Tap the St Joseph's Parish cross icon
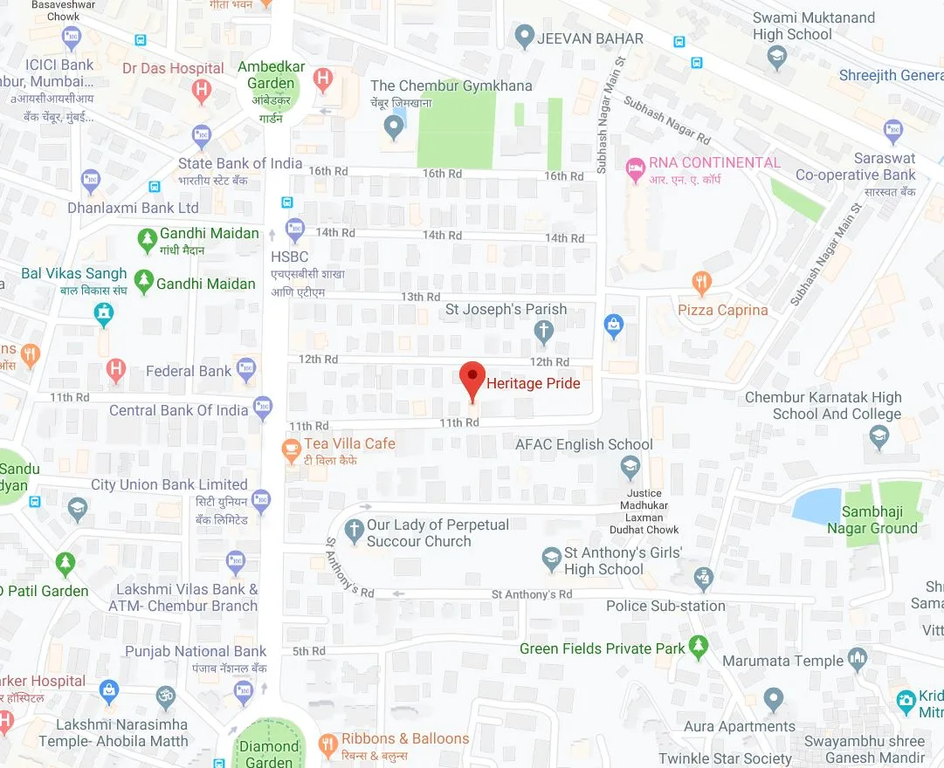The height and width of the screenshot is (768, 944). [x=544, y=331]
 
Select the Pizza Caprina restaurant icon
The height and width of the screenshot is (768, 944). [x=701, y=282]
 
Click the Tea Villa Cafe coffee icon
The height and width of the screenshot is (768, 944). [x=291, y=449]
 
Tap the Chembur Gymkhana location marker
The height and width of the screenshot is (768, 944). [x=394, y=127]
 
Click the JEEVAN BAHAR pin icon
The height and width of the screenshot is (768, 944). [x=524, y=38]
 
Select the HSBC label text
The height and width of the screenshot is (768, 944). [x=290, y=257]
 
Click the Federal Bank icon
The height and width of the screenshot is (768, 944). [x=247, y=370]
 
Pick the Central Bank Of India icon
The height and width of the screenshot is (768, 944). [x=263, y=407]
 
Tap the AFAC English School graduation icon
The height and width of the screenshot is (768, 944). [x=630, y=468]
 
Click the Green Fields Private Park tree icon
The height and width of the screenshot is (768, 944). [x=697, y=646]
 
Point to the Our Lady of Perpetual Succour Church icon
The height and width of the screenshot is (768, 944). [x=354, y=529]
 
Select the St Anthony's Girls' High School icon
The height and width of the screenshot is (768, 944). [x=551, y=559]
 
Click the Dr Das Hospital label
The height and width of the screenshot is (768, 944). [x=173, y=68]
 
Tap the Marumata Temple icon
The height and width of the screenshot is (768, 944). [x=858, y=660]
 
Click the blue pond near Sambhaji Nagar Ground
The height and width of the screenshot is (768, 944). [x=817, y=505]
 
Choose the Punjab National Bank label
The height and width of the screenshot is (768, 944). [x=196, y=651]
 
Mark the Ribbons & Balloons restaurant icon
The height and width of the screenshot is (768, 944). [x=328, y=744]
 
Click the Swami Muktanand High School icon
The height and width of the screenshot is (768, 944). [x=776, y=58]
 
